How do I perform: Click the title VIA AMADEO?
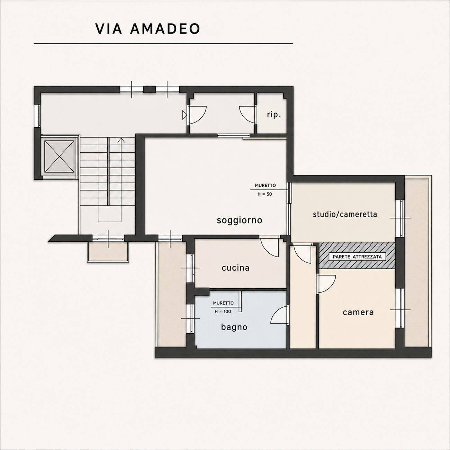[147, 29]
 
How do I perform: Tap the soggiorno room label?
[240, 220]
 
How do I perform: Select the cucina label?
[235, 268]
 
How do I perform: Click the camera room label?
[358, 312]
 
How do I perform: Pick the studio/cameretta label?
[345, 214]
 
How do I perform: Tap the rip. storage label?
[273, 115]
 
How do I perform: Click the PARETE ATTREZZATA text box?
[357, 257]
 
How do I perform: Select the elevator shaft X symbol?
[59, 156]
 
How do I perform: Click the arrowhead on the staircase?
[121, 140]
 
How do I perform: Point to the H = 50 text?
[264, 194]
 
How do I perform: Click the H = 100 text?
[223, 311]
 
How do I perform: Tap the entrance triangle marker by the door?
[184, 115]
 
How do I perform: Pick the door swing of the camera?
[326, 284]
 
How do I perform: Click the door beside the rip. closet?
[248, 115]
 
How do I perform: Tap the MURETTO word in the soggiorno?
[265, 186]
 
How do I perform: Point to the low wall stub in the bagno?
[240, 301]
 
